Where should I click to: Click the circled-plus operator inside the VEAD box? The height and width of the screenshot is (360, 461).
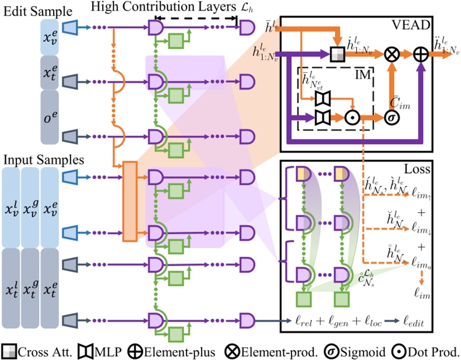[419, 54]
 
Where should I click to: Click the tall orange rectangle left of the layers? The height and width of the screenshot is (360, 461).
[129, 201]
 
